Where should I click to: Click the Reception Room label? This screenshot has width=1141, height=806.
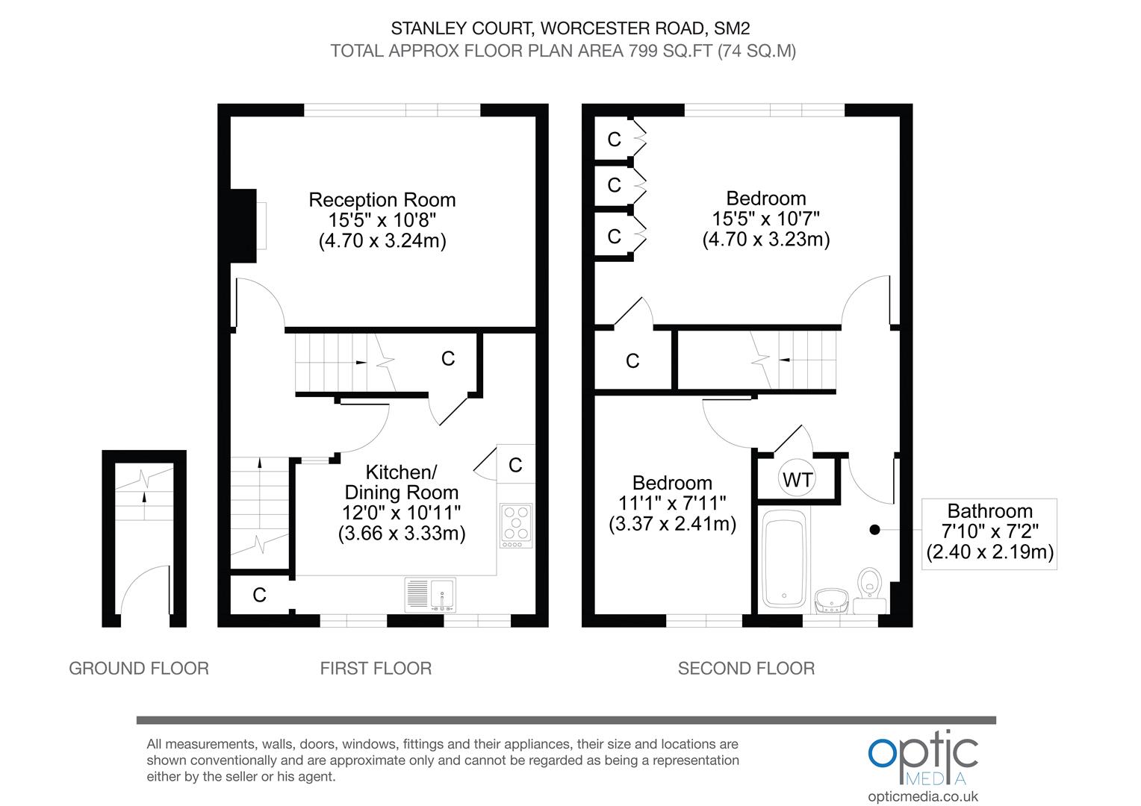point(382,200)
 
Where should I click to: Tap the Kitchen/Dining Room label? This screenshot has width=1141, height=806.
point(401,482)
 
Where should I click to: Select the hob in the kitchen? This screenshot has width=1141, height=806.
point(516,525)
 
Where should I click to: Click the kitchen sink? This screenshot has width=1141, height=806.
point(430,594)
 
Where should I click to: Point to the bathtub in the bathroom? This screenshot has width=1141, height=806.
point(783,559)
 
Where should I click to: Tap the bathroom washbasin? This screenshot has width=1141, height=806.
point(831,599)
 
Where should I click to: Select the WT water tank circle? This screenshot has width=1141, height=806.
point(798,479)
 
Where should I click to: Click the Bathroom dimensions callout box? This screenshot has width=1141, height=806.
point(989,533)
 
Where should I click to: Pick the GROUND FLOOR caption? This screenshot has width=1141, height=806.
point(139,668)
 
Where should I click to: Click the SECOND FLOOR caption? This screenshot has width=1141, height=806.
point(746,668)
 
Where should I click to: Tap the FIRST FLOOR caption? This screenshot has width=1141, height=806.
point(376,668)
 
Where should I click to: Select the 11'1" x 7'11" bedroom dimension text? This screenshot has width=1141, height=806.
point(672,503)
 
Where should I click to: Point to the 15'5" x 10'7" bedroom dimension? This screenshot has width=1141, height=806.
point(766,219)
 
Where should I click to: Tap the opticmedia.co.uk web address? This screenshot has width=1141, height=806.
point(923,796)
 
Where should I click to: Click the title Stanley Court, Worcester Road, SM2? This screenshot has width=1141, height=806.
point(570,28)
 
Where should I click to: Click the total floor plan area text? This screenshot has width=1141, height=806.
point(563,51)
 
